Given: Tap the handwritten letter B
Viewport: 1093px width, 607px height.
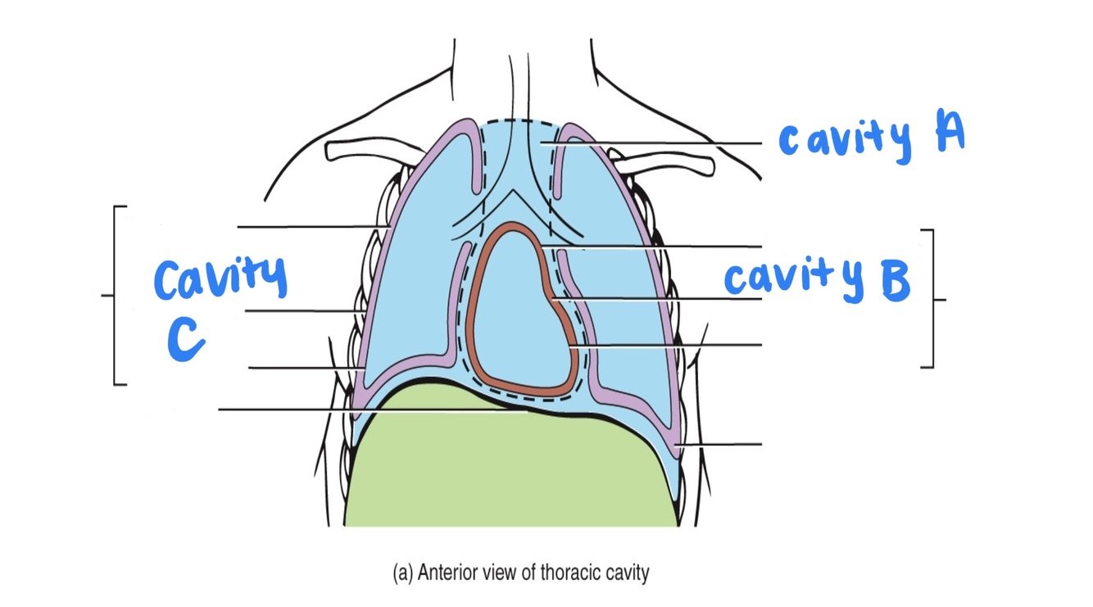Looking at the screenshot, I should [895, 281].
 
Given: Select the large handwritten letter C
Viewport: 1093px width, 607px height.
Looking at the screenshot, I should [186, 338].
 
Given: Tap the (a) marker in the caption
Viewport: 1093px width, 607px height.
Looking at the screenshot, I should [403, 572].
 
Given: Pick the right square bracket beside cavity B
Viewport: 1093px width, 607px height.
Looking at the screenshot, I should [931, 299].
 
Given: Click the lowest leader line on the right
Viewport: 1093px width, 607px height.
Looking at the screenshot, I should [721, 445].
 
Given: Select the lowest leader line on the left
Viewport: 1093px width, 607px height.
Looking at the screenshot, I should [328, 409].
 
